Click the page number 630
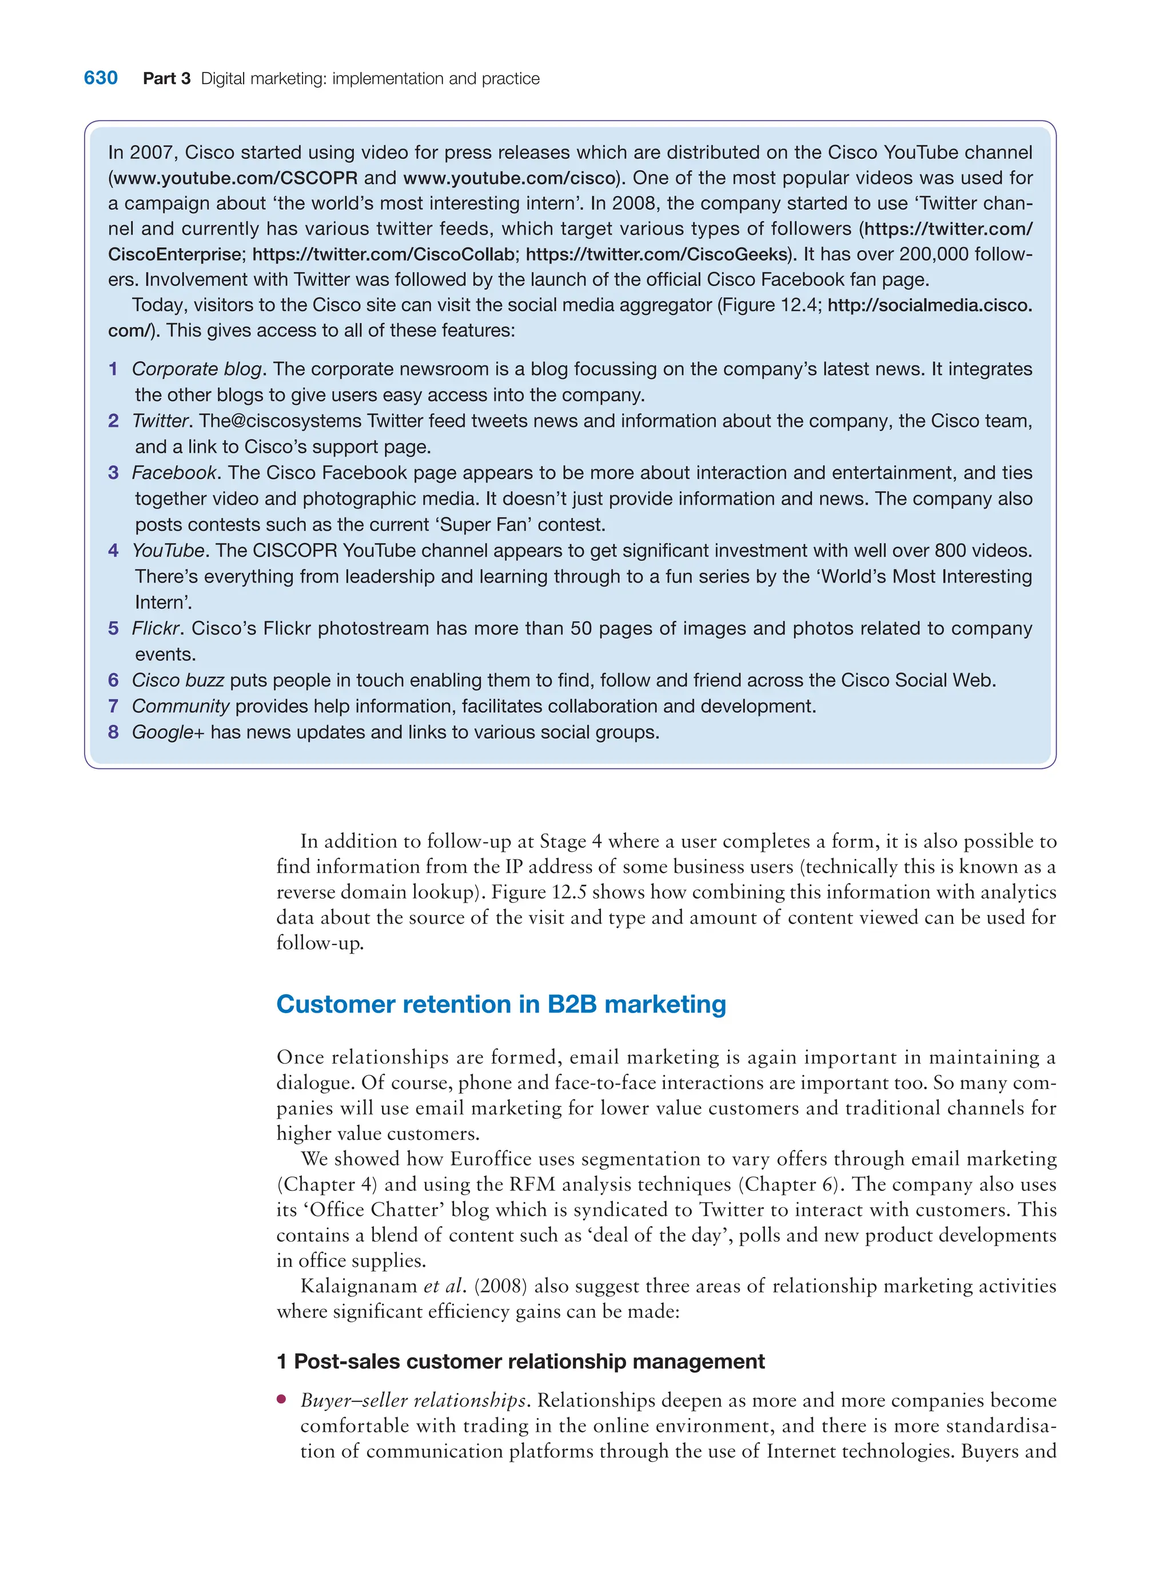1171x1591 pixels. (x=101, y=78)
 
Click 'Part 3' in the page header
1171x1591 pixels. (x=166, y=79)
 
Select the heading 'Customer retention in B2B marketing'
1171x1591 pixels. (x=501, y=1004)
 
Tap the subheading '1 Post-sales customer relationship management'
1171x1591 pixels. (x=520, y=1361)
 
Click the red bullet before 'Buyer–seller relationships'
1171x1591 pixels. (x=282, y=1399)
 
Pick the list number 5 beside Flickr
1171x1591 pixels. (x=113, y=629)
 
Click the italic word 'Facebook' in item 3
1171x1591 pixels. (x=174, y=473)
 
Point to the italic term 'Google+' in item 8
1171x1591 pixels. (x=168, y=732)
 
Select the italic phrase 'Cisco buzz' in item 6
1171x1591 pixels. (x=178, y=680)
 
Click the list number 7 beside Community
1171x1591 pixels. (x=113, y=707)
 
